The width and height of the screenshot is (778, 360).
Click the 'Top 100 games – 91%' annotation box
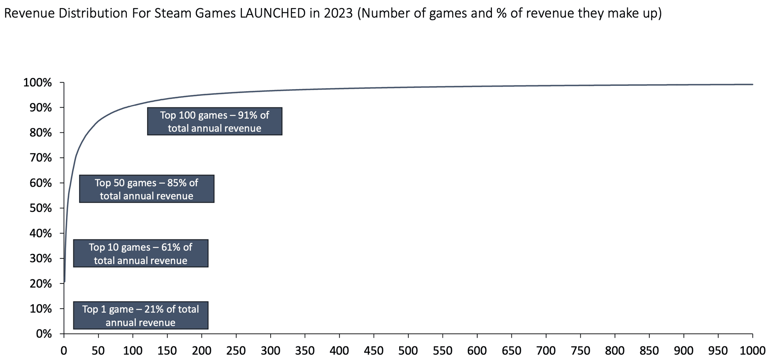214,121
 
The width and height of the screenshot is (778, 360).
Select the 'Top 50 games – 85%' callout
146,189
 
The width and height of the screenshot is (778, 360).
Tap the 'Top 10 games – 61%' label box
141,253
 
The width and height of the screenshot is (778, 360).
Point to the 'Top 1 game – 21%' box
141,315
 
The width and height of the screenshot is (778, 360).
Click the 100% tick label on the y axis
38,83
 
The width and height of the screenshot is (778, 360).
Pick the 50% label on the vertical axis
41,208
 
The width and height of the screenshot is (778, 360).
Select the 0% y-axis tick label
44,334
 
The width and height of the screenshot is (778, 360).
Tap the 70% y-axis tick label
41,158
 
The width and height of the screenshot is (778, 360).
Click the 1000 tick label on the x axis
752,351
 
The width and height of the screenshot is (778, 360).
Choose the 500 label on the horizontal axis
408,351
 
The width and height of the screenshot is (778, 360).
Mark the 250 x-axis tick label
236,351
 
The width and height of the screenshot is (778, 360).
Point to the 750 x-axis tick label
580,351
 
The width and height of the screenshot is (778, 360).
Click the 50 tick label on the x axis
98,351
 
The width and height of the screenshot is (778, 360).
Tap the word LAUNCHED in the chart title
272,13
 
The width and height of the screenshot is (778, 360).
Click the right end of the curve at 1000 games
752,84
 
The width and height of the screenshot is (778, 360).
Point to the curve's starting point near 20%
64,281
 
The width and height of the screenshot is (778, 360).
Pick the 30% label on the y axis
41,258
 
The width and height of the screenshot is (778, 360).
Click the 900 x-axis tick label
684,351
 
